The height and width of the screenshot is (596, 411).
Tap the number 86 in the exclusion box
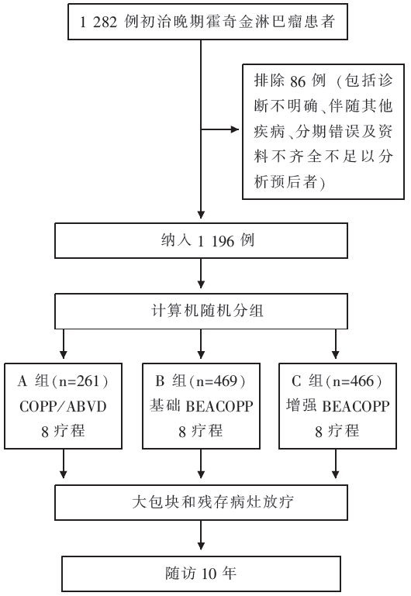[x=298, y=81]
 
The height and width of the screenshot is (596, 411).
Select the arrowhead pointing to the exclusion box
[x=234, y=129]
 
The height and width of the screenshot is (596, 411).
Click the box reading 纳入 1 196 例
[x=201, y=240]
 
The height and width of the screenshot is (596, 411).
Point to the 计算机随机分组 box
[x=201, y=311]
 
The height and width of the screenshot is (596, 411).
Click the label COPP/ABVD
[x=63, y=407]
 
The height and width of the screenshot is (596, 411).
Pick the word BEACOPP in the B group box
[x=219, y=407]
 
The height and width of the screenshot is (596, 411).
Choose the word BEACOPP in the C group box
[x=356, y=407]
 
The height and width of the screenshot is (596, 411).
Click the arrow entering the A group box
[x=64, y=344]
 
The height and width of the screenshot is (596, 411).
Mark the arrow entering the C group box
[x=335, y=344]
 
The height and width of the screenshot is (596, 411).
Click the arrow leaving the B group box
[x=201, y=463]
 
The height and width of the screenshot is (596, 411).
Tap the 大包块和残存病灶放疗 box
[x=201, y=502]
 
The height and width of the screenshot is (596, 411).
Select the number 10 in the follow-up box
[x=209, y=574]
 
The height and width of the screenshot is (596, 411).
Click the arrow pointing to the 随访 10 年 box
[x=201, y=536]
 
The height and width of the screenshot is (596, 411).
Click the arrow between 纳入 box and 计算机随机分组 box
[x=201, y=274]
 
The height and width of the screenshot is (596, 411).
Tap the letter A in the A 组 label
[x=22, y=381]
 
